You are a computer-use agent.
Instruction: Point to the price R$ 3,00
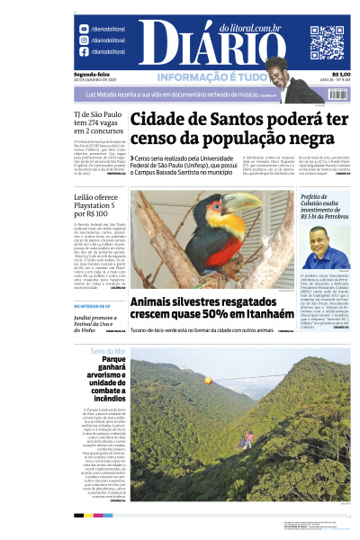coord(341,75)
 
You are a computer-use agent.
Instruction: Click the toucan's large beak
coord(246,204)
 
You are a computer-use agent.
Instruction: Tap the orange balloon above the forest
coord(208,381)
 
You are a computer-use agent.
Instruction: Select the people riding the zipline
coord(244,437)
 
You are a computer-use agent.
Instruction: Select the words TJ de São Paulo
coord(100,115)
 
